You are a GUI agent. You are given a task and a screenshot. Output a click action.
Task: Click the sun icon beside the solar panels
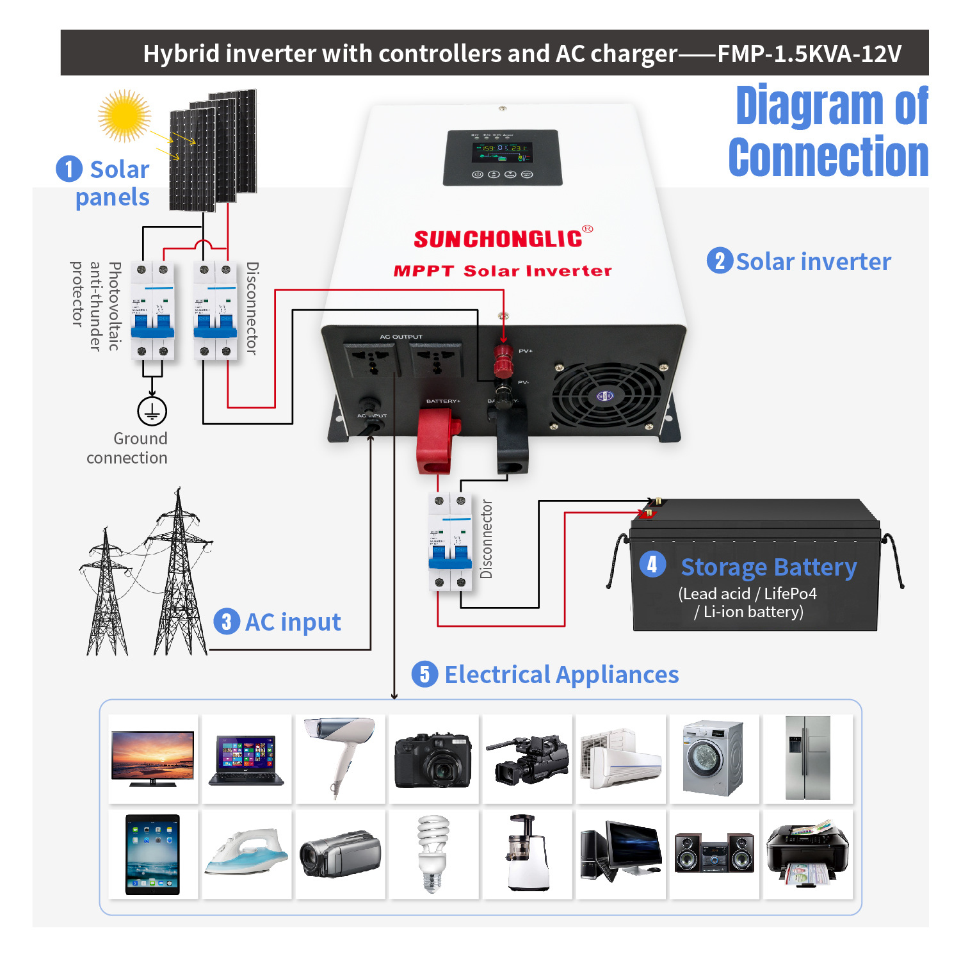pos(124,116)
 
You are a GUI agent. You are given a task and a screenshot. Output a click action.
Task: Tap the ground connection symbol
pos(152,411)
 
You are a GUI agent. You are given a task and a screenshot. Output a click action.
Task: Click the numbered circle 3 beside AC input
pos(226,622)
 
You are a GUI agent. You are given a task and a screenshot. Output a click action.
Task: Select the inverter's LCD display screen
pos(502,152)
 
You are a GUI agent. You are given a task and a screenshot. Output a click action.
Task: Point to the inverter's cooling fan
pos(604,395)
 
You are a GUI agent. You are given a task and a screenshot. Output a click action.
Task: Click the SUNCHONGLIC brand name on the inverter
pos(498,239)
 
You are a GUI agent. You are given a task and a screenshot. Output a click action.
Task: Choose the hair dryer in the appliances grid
pos(340,757)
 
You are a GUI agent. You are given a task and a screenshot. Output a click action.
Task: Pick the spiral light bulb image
pos(433,853)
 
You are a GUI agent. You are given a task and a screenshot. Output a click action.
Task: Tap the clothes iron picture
pos(246,853)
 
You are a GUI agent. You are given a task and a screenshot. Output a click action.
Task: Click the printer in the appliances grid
pos(807,853)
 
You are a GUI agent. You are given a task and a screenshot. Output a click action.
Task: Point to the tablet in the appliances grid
pos(153,854)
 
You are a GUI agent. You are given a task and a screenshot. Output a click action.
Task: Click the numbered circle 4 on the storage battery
pos(652,564)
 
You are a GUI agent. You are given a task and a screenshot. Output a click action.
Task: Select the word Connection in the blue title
pos(828,157)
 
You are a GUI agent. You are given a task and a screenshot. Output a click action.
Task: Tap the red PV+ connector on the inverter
pos(503,360)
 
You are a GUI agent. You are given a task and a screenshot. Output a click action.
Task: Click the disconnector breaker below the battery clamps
pos(450,541)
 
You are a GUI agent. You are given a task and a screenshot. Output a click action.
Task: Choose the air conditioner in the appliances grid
pos(620,759)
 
